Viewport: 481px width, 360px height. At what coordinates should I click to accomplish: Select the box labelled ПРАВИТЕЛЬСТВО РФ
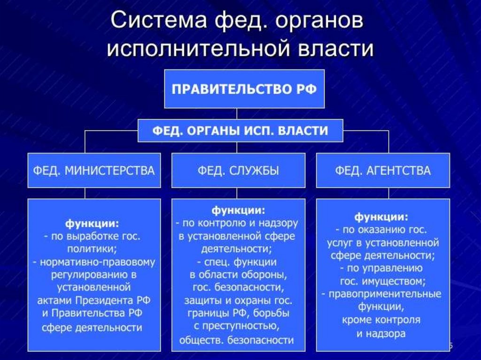coord(244,89)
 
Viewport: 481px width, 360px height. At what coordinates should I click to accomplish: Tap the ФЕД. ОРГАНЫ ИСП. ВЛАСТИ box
coord(240,131)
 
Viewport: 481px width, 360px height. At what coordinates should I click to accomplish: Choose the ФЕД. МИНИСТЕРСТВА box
coord(94,170)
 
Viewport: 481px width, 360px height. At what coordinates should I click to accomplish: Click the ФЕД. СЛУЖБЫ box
coord(238,170)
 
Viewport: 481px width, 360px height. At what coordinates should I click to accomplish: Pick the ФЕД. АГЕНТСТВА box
coord(383,170)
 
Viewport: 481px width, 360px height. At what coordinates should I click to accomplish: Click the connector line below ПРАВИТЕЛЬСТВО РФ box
coord(237,114)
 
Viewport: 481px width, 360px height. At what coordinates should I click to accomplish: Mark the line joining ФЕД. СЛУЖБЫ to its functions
coord(237,193)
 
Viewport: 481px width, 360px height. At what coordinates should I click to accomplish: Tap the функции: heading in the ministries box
coord(92,223)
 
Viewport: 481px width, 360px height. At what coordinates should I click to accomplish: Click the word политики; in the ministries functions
coord(92,249)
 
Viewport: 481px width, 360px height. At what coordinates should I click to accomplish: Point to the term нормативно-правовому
coord(98,262)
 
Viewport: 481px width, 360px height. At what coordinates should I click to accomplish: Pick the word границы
coord(208,314)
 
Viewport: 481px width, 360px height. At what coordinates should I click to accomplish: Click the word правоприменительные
coord(385,294)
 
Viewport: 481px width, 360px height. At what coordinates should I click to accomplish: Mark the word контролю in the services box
coord(222,223)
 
